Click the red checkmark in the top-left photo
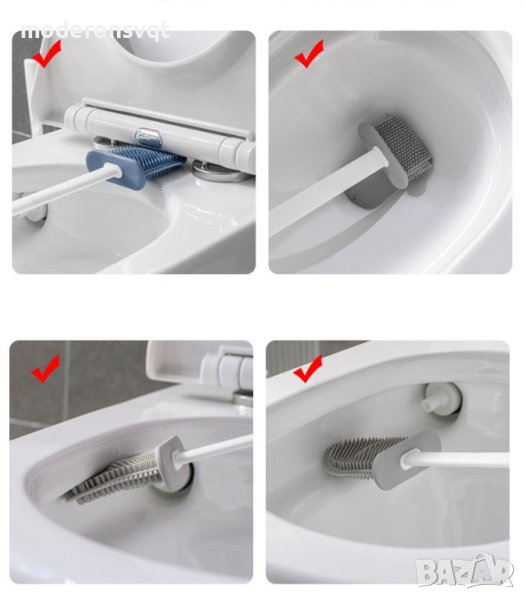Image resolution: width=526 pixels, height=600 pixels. (x=47, y=54)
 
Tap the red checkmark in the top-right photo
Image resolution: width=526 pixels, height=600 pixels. (x=309, y=54)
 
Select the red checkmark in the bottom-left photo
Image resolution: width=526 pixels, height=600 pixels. (x=46, y=368)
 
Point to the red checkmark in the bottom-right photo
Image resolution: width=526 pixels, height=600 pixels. (x=308, y=368)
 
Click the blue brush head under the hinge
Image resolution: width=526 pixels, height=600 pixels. (x=134, y=166)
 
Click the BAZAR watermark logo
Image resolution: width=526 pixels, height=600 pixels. (x=464, y=571)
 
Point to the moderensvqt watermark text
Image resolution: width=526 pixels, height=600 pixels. (x=95, y=31)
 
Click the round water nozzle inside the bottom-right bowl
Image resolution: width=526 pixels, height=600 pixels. (x=442, y=399)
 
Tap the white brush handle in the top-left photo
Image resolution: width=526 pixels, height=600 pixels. (x=61, y=189)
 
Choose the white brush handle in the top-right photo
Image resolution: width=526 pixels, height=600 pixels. (x=325, y=193)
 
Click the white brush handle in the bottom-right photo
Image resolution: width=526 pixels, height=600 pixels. (x=455, y=458)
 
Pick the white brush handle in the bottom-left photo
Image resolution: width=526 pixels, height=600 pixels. (x=214, y=447)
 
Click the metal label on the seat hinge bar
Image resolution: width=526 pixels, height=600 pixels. (x=147, y=137)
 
